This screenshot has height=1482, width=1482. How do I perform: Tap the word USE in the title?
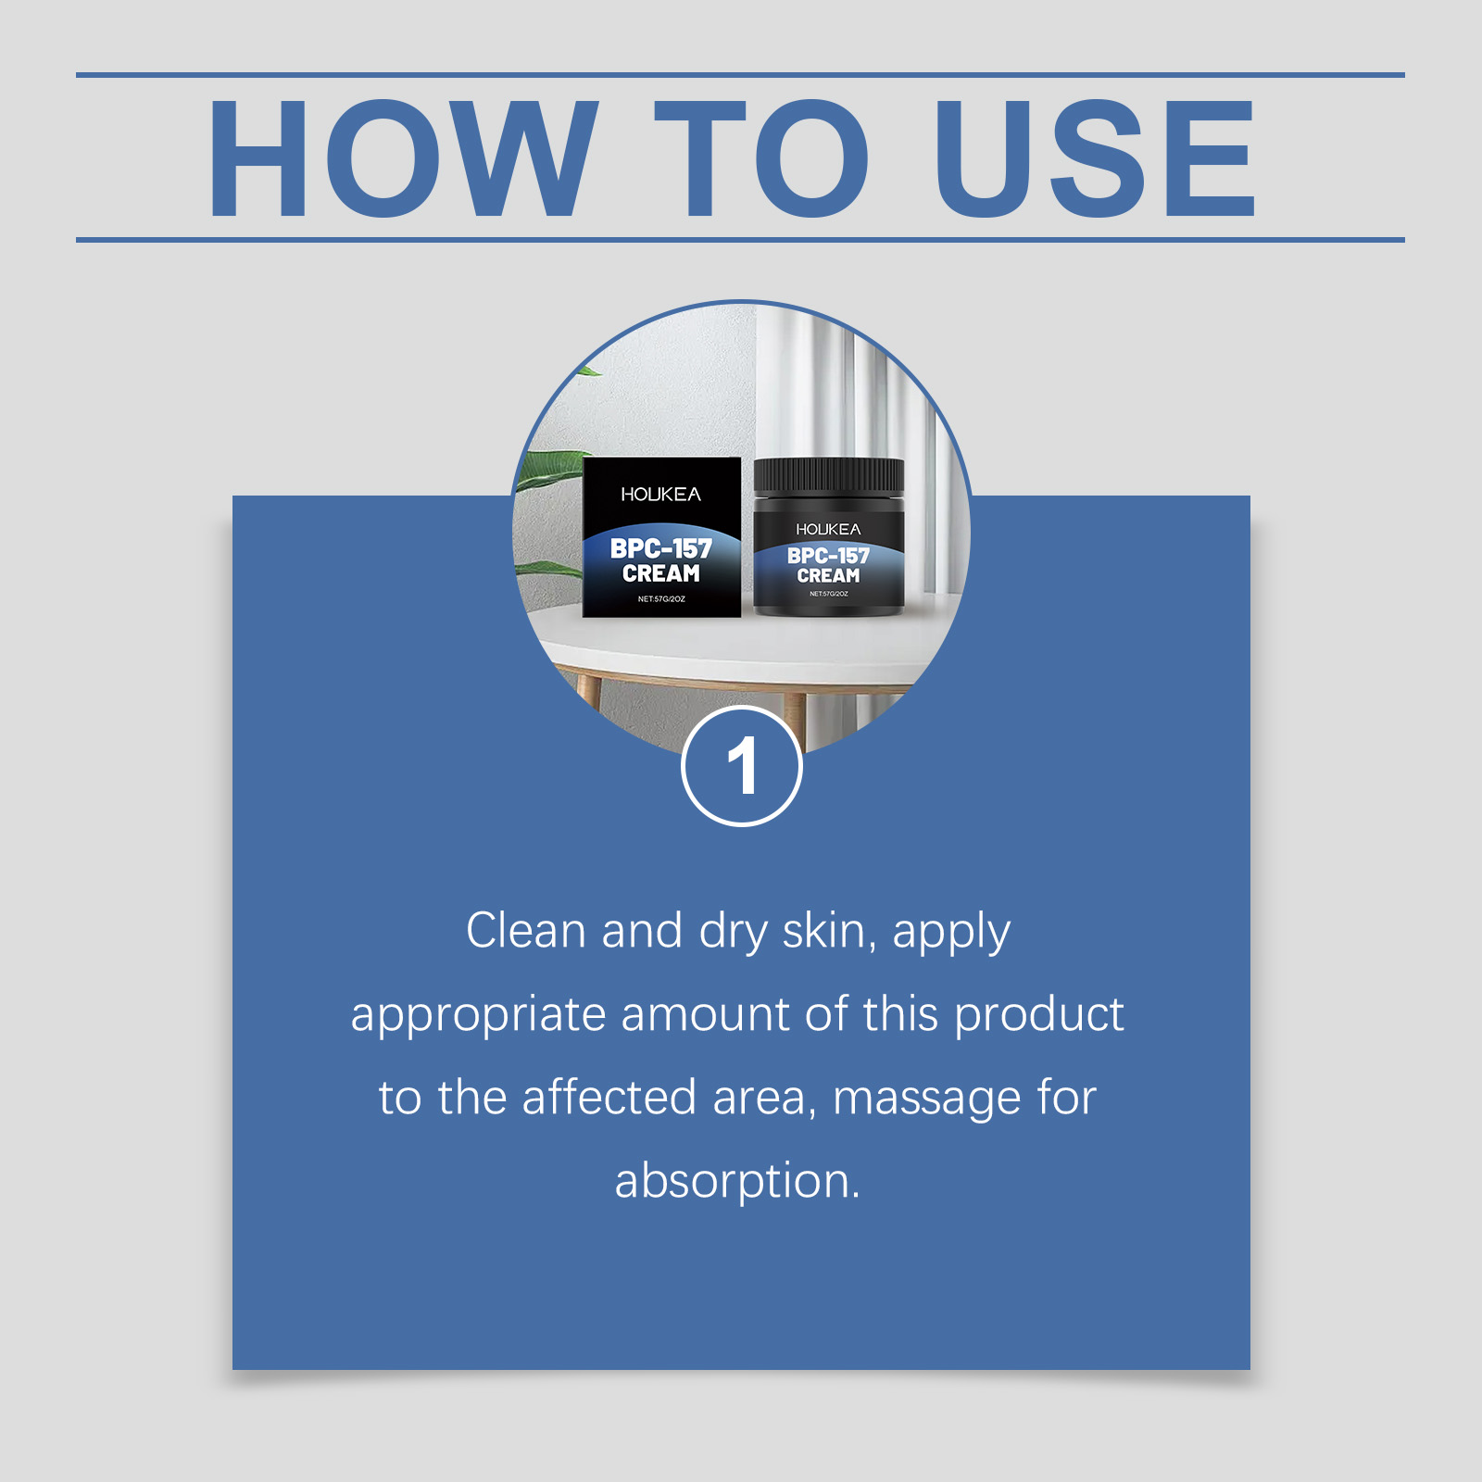1096,158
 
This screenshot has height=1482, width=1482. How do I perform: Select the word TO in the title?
762,158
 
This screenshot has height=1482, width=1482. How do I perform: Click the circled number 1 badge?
742,766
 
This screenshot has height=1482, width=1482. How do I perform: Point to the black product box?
661,537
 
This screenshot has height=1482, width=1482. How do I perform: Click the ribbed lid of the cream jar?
828,477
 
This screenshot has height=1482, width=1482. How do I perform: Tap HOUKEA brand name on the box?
661,495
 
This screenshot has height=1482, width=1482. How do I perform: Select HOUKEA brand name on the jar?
828,529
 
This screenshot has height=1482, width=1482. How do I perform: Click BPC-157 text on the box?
661,548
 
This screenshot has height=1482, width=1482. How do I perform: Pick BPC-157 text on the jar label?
828,556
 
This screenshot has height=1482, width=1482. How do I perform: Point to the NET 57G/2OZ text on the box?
661,599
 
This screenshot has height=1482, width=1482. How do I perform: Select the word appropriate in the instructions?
478,1015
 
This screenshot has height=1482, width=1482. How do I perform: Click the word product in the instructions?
1039,1015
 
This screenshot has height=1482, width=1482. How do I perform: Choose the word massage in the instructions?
926,1099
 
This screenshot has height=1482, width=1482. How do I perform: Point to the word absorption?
737,1182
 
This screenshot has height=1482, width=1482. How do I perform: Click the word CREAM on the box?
661,574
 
